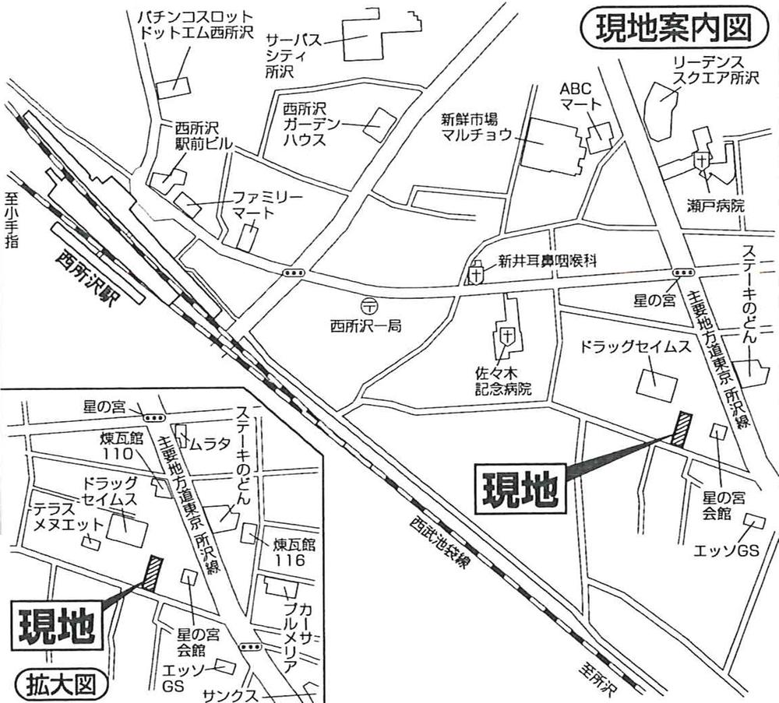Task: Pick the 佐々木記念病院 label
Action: (506, 381)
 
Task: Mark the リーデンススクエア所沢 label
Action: (713, 72)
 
